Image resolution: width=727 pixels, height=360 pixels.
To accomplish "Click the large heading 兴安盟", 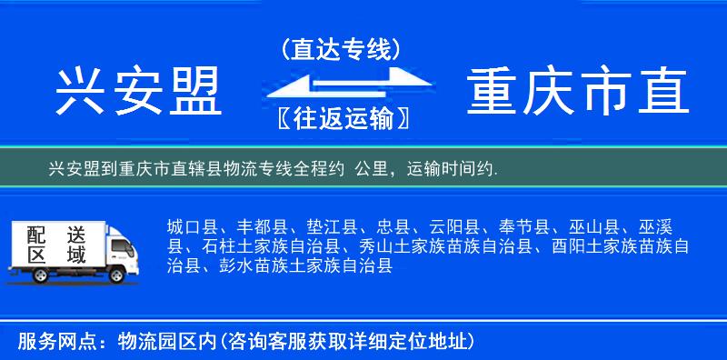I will [x=139, y=92].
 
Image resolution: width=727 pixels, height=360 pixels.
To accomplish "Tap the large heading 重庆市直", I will [x=578, y=92].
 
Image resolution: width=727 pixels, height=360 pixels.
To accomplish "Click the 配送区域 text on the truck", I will [x=55, y=243].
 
